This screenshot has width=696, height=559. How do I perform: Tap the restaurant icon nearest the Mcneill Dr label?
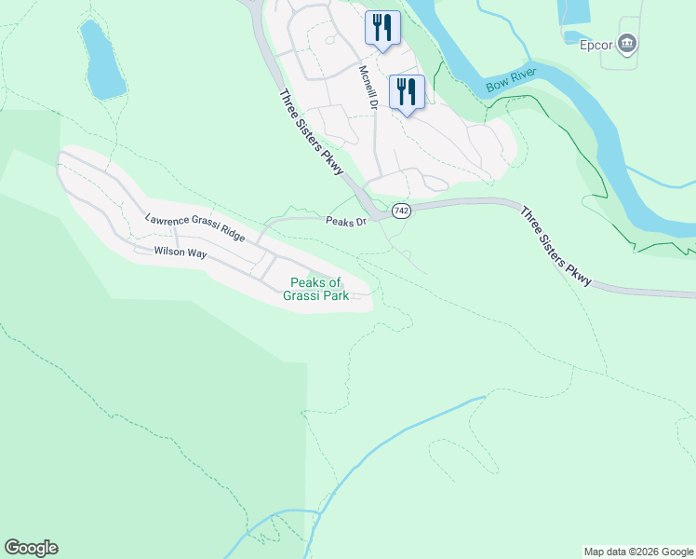pos(407,91)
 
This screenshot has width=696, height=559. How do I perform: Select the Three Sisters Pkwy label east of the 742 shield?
pos(555,247)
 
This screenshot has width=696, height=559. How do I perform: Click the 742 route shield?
pos(400,211)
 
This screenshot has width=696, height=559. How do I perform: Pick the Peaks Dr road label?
pos(347,222)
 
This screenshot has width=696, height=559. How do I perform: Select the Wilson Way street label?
pos(180,252)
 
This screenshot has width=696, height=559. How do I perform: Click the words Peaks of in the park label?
pos(316,283)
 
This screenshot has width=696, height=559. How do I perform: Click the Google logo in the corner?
pos(31,548)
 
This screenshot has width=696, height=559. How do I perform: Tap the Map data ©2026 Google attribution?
pos(638,552)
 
